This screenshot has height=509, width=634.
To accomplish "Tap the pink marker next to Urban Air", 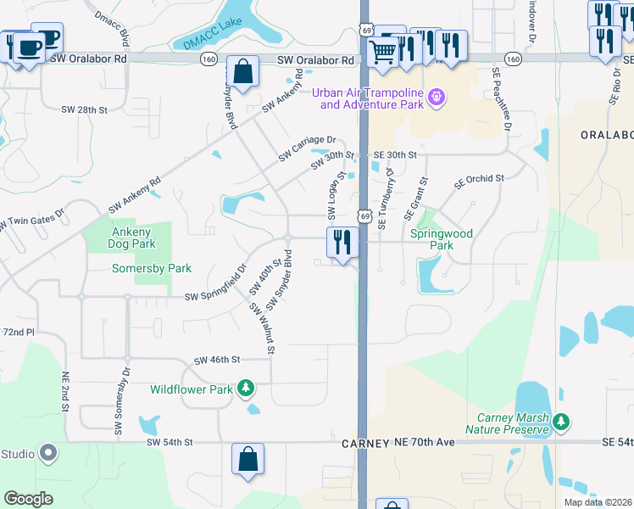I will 437,98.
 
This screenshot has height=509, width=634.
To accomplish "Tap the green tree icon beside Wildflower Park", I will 246,389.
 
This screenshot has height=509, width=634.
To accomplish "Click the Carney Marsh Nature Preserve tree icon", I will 560,422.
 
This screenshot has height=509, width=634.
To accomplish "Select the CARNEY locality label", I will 365,444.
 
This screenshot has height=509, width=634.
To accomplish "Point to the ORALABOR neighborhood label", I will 606,135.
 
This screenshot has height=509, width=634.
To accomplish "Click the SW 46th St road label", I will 218,361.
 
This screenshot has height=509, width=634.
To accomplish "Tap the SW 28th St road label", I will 85,110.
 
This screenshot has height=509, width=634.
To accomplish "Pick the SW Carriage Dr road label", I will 308,149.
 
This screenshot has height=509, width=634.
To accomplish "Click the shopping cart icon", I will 384,52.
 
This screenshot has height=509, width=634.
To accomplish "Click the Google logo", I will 29,499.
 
